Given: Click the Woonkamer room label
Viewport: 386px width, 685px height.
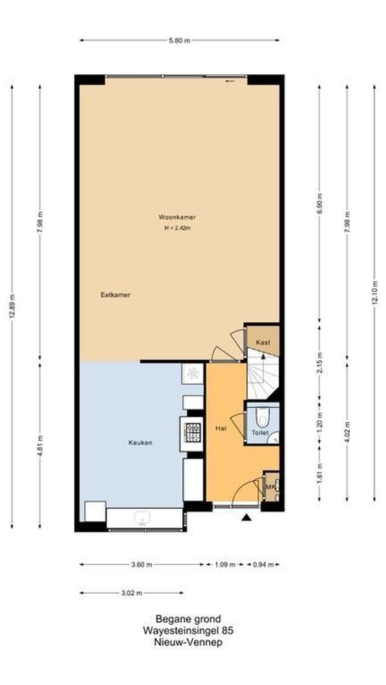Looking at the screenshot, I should [177, 218].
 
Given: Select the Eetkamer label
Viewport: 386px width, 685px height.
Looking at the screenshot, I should [116, 294].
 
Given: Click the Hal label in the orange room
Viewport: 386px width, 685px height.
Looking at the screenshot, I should [221, 429].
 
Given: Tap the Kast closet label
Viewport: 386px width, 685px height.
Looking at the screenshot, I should [263, 342].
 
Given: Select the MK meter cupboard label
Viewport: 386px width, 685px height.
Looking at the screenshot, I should [270, 487].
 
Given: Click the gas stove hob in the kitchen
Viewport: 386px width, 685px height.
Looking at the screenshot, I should [192, 433].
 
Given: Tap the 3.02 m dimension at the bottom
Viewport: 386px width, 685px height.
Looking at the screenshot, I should [131, 593].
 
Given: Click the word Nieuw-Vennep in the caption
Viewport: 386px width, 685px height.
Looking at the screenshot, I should [188, 641].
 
